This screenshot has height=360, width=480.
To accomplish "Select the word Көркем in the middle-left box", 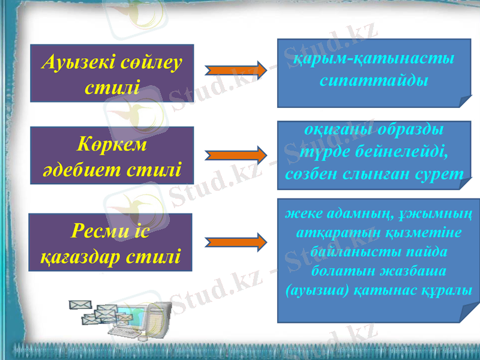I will click(112, 145).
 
